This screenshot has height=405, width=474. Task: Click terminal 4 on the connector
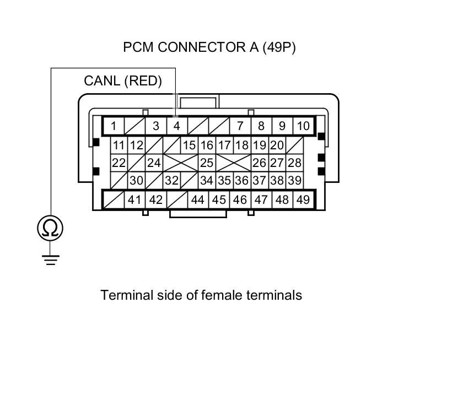pyautogui.click(x=177, y=126)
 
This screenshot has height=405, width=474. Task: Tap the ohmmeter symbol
pyautogui.click(x=50, y=228)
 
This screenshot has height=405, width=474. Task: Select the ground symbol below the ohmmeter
pyautogui.click(x=50, y=259)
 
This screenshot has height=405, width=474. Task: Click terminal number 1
pyautogui.click(x=114, y=126)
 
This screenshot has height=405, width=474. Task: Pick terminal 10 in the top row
pyautogui.click(x=303, y=126)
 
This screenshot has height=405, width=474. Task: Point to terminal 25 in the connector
pyautogui.click(x=206, y=163)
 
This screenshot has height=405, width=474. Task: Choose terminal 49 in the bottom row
pyautogui.click(x=303, y=199)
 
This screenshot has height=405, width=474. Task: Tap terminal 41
pyautogui.click(x=134, y=199)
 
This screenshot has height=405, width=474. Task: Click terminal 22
pyautogui.click(x=118, y=163)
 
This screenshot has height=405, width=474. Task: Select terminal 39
pyautogui.click(x=295, y=180)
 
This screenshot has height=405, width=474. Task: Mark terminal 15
pyautogui.click(x=189, y=145)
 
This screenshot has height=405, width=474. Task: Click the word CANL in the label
pyautogui.click(x=102, y=81)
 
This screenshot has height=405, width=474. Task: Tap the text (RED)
pyautogui.click(x=143, y=81)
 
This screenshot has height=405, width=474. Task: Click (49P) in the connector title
pyautogui.click(x=279, y=47)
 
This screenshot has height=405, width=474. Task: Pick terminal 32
pyautogui.click(x=171, y=180)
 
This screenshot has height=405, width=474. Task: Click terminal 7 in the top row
pyautogui.click(x=240, y=126)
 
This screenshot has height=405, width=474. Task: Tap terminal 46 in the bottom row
pyautogui.click(x=240, y=199)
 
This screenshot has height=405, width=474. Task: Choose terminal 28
pyautogui.click(x=295, y=163)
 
